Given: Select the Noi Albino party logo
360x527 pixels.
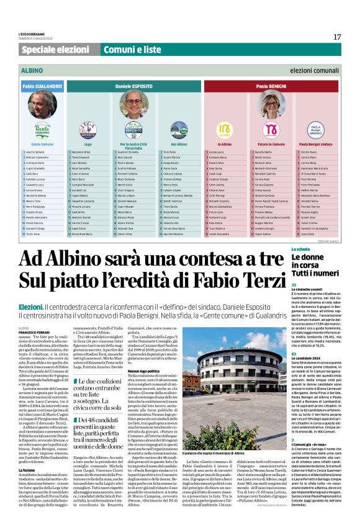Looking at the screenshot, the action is (x=179, y=129).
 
